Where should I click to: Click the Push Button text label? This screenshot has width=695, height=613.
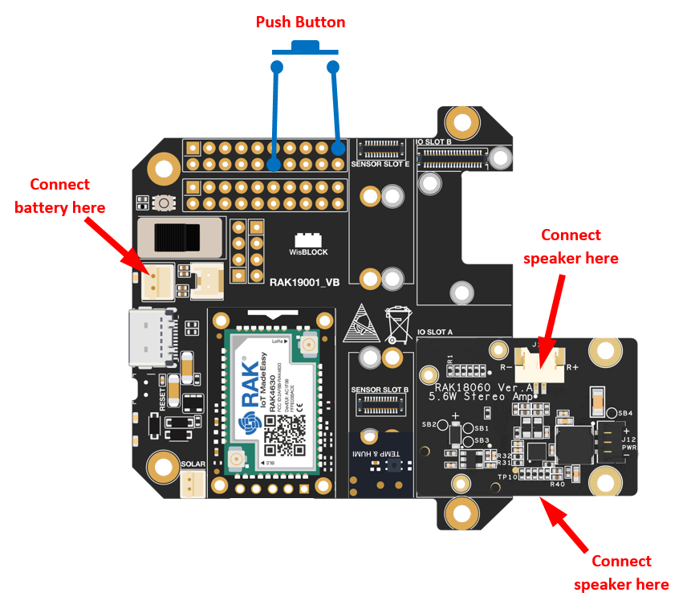point(300,22)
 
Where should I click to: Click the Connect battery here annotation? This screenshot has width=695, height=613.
point(59,196)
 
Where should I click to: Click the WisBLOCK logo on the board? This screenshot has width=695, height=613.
point(308,244)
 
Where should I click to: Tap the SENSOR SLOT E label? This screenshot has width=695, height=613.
point(380,163)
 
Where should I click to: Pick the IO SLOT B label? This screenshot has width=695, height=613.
point(433,142)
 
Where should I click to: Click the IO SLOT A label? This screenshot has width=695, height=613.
point(435,331)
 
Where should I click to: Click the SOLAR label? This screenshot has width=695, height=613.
point(193,464)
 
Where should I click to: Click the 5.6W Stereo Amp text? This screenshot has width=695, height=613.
point(479,397)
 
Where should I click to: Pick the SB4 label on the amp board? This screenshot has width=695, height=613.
point(624,413)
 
